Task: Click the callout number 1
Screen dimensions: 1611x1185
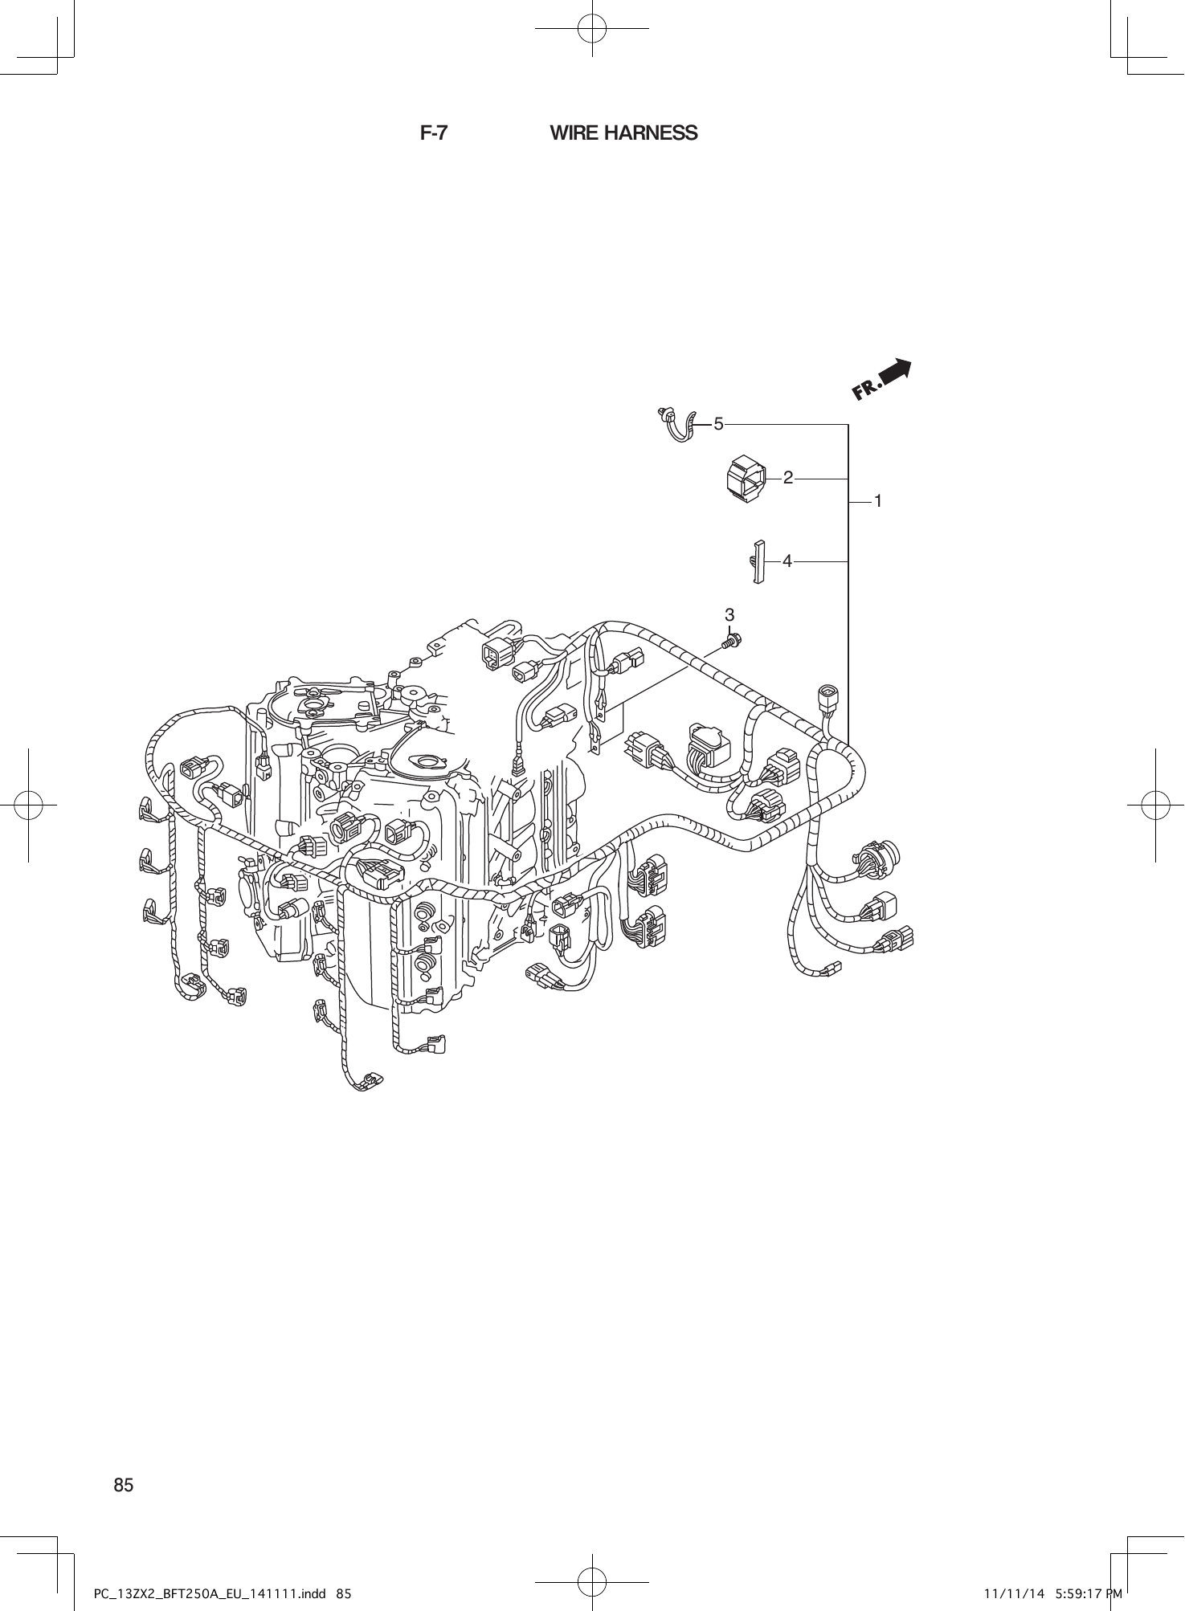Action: tap(878, 501)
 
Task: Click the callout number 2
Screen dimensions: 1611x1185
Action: tap(788, 479)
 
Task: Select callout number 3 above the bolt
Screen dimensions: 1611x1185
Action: tap(729, 615)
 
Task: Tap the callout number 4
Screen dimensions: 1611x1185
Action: tap(787, 561)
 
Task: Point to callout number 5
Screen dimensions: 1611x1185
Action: tap(719, 423)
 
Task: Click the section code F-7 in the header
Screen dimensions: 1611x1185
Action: tap(434, 133)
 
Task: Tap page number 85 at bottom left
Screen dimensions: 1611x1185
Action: tap(123, 1485)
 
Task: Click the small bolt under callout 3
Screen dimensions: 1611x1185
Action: tap(732, 642)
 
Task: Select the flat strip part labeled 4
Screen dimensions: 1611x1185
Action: tap(758, 561)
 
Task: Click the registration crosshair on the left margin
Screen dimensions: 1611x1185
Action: tap(28, 804)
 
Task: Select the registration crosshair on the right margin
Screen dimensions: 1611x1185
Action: tap(1155, 804)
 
